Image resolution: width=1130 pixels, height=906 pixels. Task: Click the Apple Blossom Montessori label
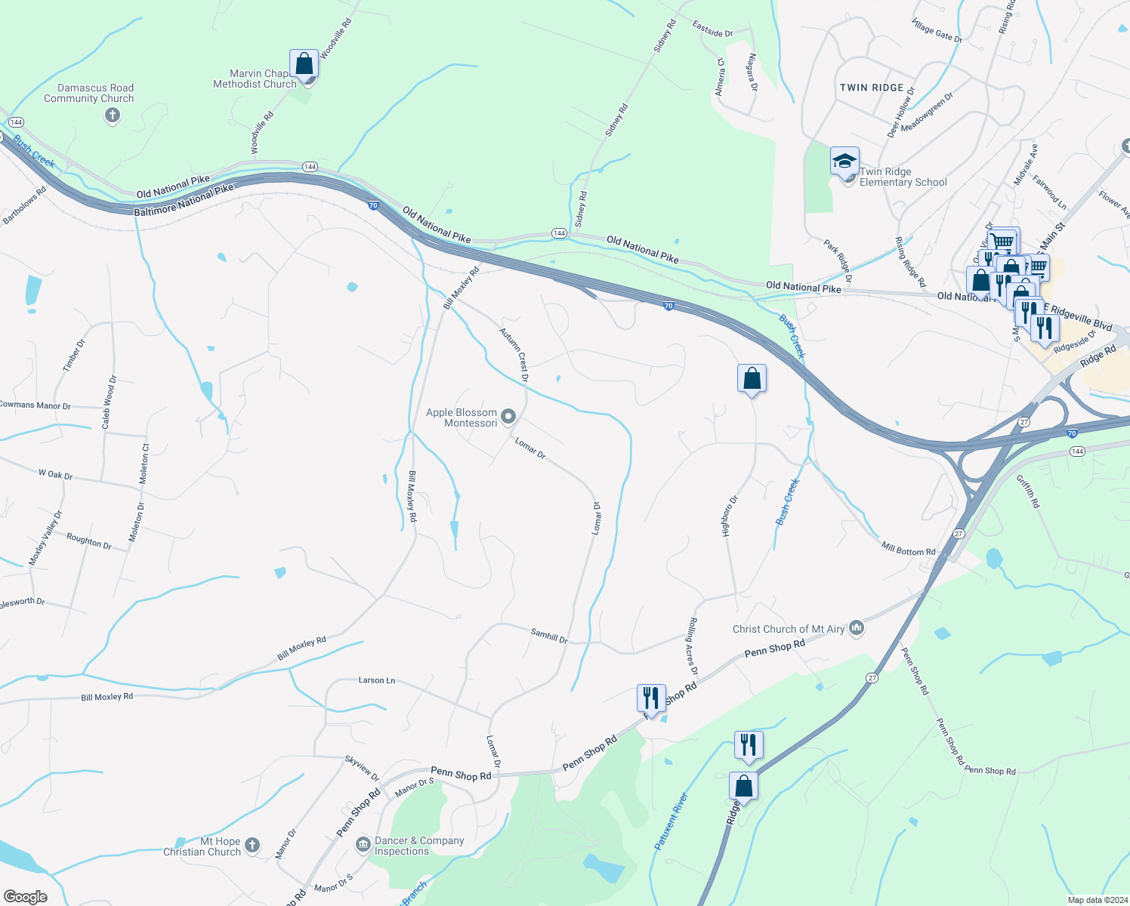(462, 418)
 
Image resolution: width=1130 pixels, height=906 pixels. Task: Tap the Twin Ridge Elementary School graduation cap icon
(844, 161)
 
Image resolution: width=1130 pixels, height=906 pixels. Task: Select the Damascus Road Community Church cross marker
(113, 116)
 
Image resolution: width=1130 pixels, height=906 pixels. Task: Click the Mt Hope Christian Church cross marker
(252, 846)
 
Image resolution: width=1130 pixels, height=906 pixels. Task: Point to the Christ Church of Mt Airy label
(789, 629)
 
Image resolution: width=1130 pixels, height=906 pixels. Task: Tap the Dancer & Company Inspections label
(419, 846)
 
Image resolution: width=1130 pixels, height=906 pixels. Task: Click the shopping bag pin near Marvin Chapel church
(304, 65)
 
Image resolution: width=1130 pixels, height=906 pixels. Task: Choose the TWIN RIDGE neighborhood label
(872, 88)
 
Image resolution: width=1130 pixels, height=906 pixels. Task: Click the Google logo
(25, 896)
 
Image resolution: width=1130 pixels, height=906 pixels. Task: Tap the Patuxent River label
(672, 821)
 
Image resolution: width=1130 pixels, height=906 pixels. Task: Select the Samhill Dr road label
(549, 636)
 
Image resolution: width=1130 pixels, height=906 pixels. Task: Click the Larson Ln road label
(377, 680)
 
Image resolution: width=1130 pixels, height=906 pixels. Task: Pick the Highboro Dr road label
(730, 516)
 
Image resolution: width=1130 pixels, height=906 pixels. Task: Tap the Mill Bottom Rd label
(908, 549)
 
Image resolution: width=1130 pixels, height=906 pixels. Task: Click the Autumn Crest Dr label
(514, 353)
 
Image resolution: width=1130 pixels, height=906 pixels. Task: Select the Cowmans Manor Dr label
(35, 405)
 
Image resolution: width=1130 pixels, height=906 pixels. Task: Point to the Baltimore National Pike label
(184, 201)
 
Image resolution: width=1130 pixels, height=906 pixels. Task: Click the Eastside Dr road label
(712, 29)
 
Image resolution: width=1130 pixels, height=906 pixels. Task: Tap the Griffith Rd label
(1027, 491)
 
